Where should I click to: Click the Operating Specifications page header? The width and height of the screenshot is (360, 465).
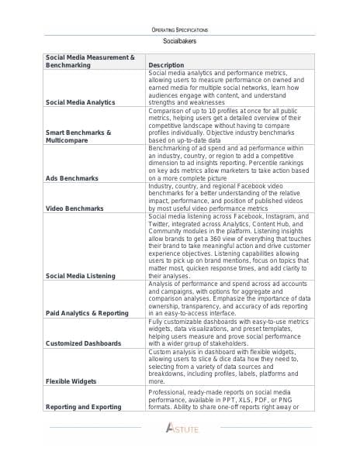click(x=180, y=29)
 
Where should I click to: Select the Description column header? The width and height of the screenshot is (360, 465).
click(x=166, y=65)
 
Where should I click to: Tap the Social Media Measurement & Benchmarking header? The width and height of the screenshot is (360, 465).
click(x=90, y=61)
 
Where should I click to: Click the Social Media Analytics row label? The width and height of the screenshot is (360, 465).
click(x=80, y=102)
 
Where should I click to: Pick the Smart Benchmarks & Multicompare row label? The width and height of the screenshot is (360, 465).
click(x=78, y=136)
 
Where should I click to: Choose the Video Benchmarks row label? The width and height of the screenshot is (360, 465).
click(x=74, y=208)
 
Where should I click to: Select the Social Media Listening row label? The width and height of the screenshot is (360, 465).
click(x=80, y=275)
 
